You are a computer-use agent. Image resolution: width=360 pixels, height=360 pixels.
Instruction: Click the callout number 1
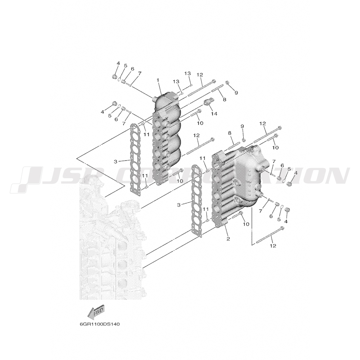click(158, 80)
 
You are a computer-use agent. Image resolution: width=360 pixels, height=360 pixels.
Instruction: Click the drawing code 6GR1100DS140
click(100, 324)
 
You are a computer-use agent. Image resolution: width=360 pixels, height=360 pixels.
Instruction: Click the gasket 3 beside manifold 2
click(197, 201)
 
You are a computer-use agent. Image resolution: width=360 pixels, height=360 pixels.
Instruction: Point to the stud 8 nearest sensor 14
click(217, 89)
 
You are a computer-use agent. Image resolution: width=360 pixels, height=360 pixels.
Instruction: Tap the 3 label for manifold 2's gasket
click(179, 204)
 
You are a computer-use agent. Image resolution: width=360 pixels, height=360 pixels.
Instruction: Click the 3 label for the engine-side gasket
click(115, 162)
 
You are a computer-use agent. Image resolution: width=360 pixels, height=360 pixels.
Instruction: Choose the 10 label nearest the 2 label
click(246, 224)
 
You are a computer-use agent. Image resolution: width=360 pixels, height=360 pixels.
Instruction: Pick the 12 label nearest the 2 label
click(273, 246)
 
